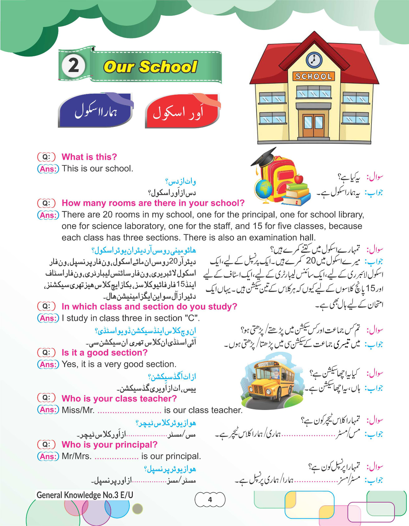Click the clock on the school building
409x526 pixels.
tap(314, 60)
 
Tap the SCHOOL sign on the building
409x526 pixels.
tap(313, 77)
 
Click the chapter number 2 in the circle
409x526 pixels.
tap(74, 66)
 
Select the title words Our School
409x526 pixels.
tap(150, 67)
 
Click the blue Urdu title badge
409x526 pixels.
tap(95, 111)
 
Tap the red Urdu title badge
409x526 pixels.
tap(181, 112)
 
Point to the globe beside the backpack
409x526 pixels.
tap(264, 189)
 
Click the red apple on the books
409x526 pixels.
tap(298, 179)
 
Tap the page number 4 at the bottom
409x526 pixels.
tap(210, 500)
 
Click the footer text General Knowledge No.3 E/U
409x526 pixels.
tap(85, 495)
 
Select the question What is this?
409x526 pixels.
tap(89, 157)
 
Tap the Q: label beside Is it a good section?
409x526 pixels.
tap(46, 353)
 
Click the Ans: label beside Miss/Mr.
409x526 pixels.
tap(48, 410)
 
